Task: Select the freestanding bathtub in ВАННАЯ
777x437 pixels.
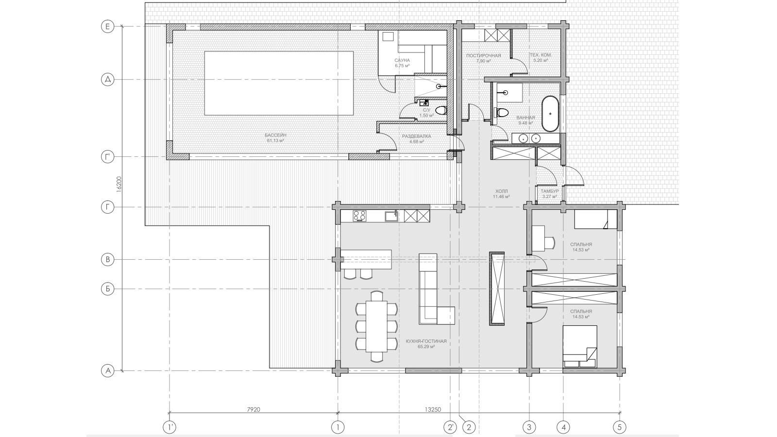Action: [550, 114]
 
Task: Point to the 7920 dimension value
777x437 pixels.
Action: [253, 410]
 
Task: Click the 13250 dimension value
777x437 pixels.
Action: [433, 410]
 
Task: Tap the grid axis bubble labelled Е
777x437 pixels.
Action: [107, 27]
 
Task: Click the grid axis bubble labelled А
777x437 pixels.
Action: [107, 371]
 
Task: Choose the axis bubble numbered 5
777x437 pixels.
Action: [620, 426]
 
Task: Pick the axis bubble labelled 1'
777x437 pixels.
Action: [169, 426]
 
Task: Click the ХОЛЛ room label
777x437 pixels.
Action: [501, 191]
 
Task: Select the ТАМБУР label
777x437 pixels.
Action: [549, 191]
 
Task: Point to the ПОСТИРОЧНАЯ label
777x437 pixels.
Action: [484, 55]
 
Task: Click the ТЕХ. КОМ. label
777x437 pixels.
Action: [541, 55]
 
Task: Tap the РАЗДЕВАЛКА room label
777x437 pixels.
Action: [416, 136]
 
